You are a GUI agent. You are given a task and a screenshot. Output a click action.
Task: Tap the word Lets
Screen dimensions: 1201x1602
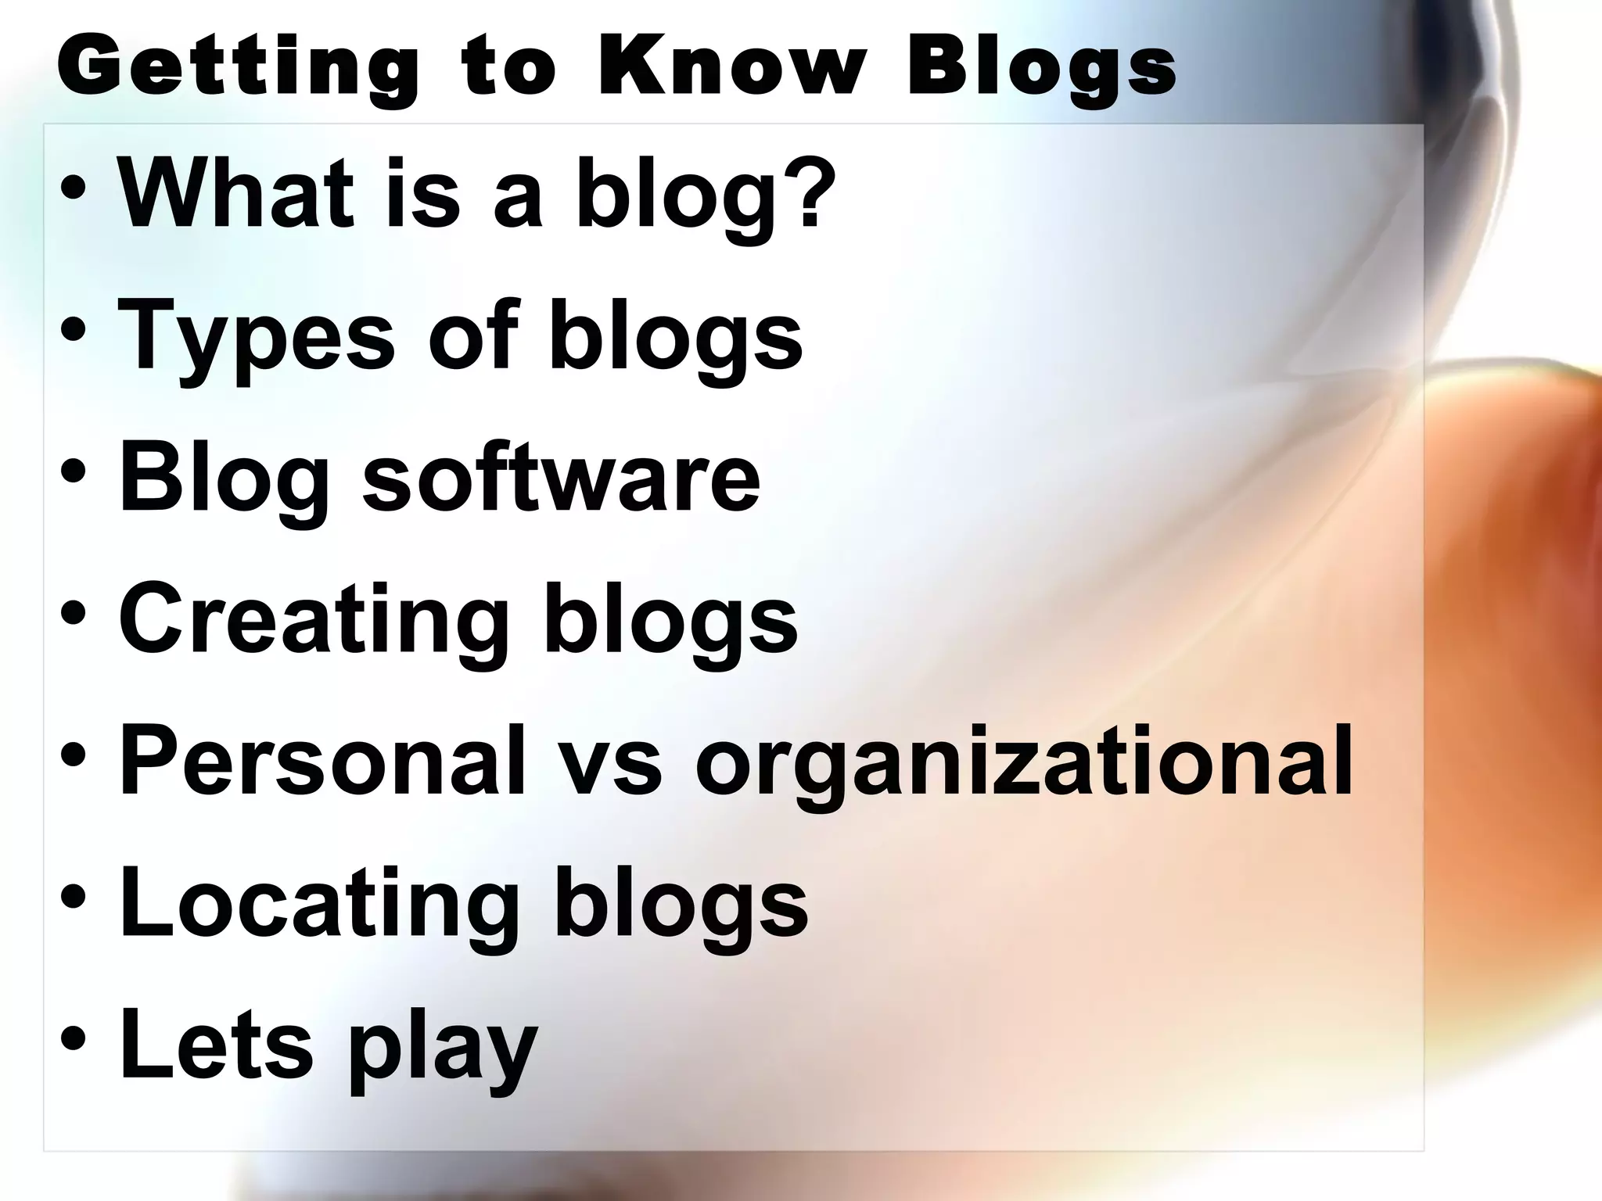[216, 1044]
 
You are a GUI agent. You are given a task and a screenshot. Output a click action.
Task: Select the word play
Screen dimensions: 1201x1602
[443, 1052]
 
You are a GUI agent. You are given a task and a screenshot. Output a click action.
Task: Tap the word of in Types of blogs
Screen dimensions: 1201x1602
[473, 336]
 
